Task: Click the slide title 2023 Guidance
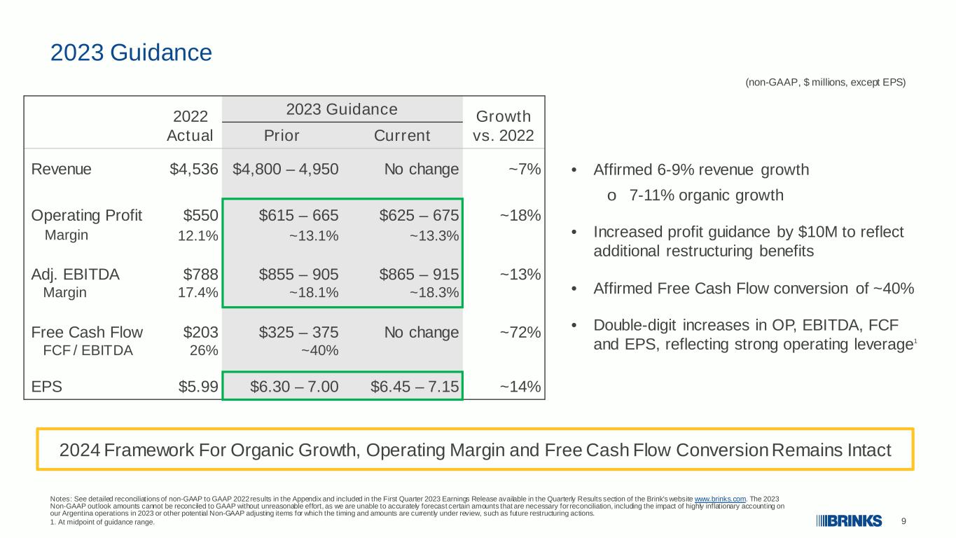(x=131, y=53)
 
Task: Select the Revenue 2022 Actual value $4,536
(x=194, y=169)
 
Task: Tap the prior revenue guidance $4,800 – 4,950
(x=286, y=169)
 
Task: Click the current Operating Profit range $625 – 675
(x=419, y=215)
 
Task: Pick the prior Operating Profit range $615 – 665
(x=299, y=215)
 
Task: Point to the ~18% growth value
(x=520, y=215)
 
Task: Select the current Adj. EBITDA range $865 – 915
(x=419, y=274)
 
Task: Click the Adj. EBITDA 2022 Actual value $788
(x=200, y=274)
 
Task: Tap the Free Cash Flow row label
(x=87, y=332)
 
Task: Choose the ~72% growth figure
(x=520, y=332)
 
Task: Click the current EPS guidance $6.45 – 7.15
(x=415, y=387)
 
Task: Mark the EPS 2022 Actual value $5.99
(x=198, y=387)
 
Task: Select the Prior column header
(x=282, y=135)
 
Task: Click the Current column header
(x=402, y=135)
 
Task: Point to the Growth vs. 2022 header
(x=504, y=126)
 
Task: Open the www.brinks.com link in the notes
(x=720, y=499)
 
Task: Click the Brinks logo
(x=850, y=521)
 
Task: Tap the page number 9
(x=903, y=521)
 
